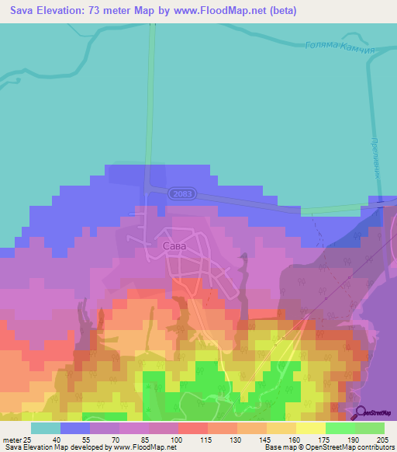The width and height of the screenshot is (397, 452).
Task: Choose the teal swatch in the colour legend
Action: pyautogui.click(x=46, y=428)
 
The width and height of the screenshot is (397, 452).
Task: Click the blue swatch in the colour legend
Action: pyautogui.click(x=75, y=428)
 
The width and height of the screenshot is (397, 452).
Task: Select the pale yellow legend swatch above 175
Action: pyautogui.click(x=311, y=428)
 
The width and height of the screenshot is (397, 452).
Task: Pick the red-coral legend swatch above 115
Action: pyautogui.click(x=193, y=428)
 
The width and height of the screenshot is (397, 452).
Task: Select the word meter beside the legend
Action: pyautogui.click(x=11, y=440)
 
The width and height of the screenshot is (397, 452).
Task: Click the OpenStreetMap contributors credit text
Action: pyautogui.click(x=350, y=447)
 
